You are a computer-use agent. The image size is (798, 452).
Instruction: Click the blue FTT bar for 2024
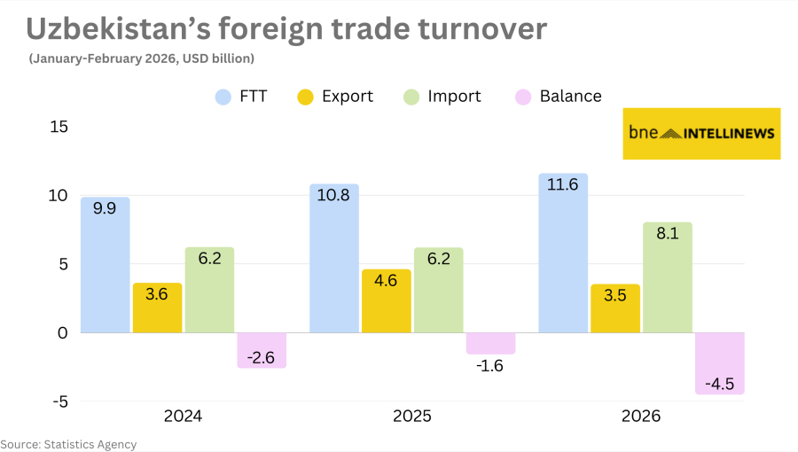(105, 265)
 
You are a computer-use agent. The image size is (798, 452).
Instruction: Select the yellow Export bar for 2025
(387, 301)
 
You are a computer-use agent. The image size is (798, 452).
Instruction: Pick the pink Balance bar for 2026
(719, 363)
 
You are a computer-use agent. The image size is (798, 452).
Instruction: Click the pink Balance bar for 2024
(262, 350)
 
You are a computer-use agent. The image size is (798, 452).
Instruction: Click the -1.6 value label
(490, 366)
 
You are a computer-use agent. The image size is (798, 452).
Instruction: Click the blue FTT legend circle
(223, 97)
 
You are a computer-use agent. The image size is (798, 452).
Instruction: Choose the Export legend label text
(348, 97)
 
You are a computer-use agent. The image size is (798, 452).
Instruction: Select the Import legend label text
(454, 97)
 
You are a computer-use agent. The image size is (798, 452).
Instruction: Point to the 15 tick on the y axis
(59, 127)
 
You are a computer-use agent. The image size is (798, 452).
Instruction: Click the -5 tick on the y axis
(59, 401)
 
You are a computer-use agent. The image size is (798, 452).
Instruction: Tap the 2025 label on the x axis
(411, 416)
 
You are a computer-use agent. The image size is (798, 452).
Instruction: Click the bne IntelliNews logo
(701, 134)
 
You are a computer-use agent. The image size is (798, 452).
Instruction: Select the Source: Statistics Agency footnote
(68, 444)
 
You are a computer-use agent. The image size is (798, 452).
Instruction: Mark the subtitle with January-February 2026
(142, 58)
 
